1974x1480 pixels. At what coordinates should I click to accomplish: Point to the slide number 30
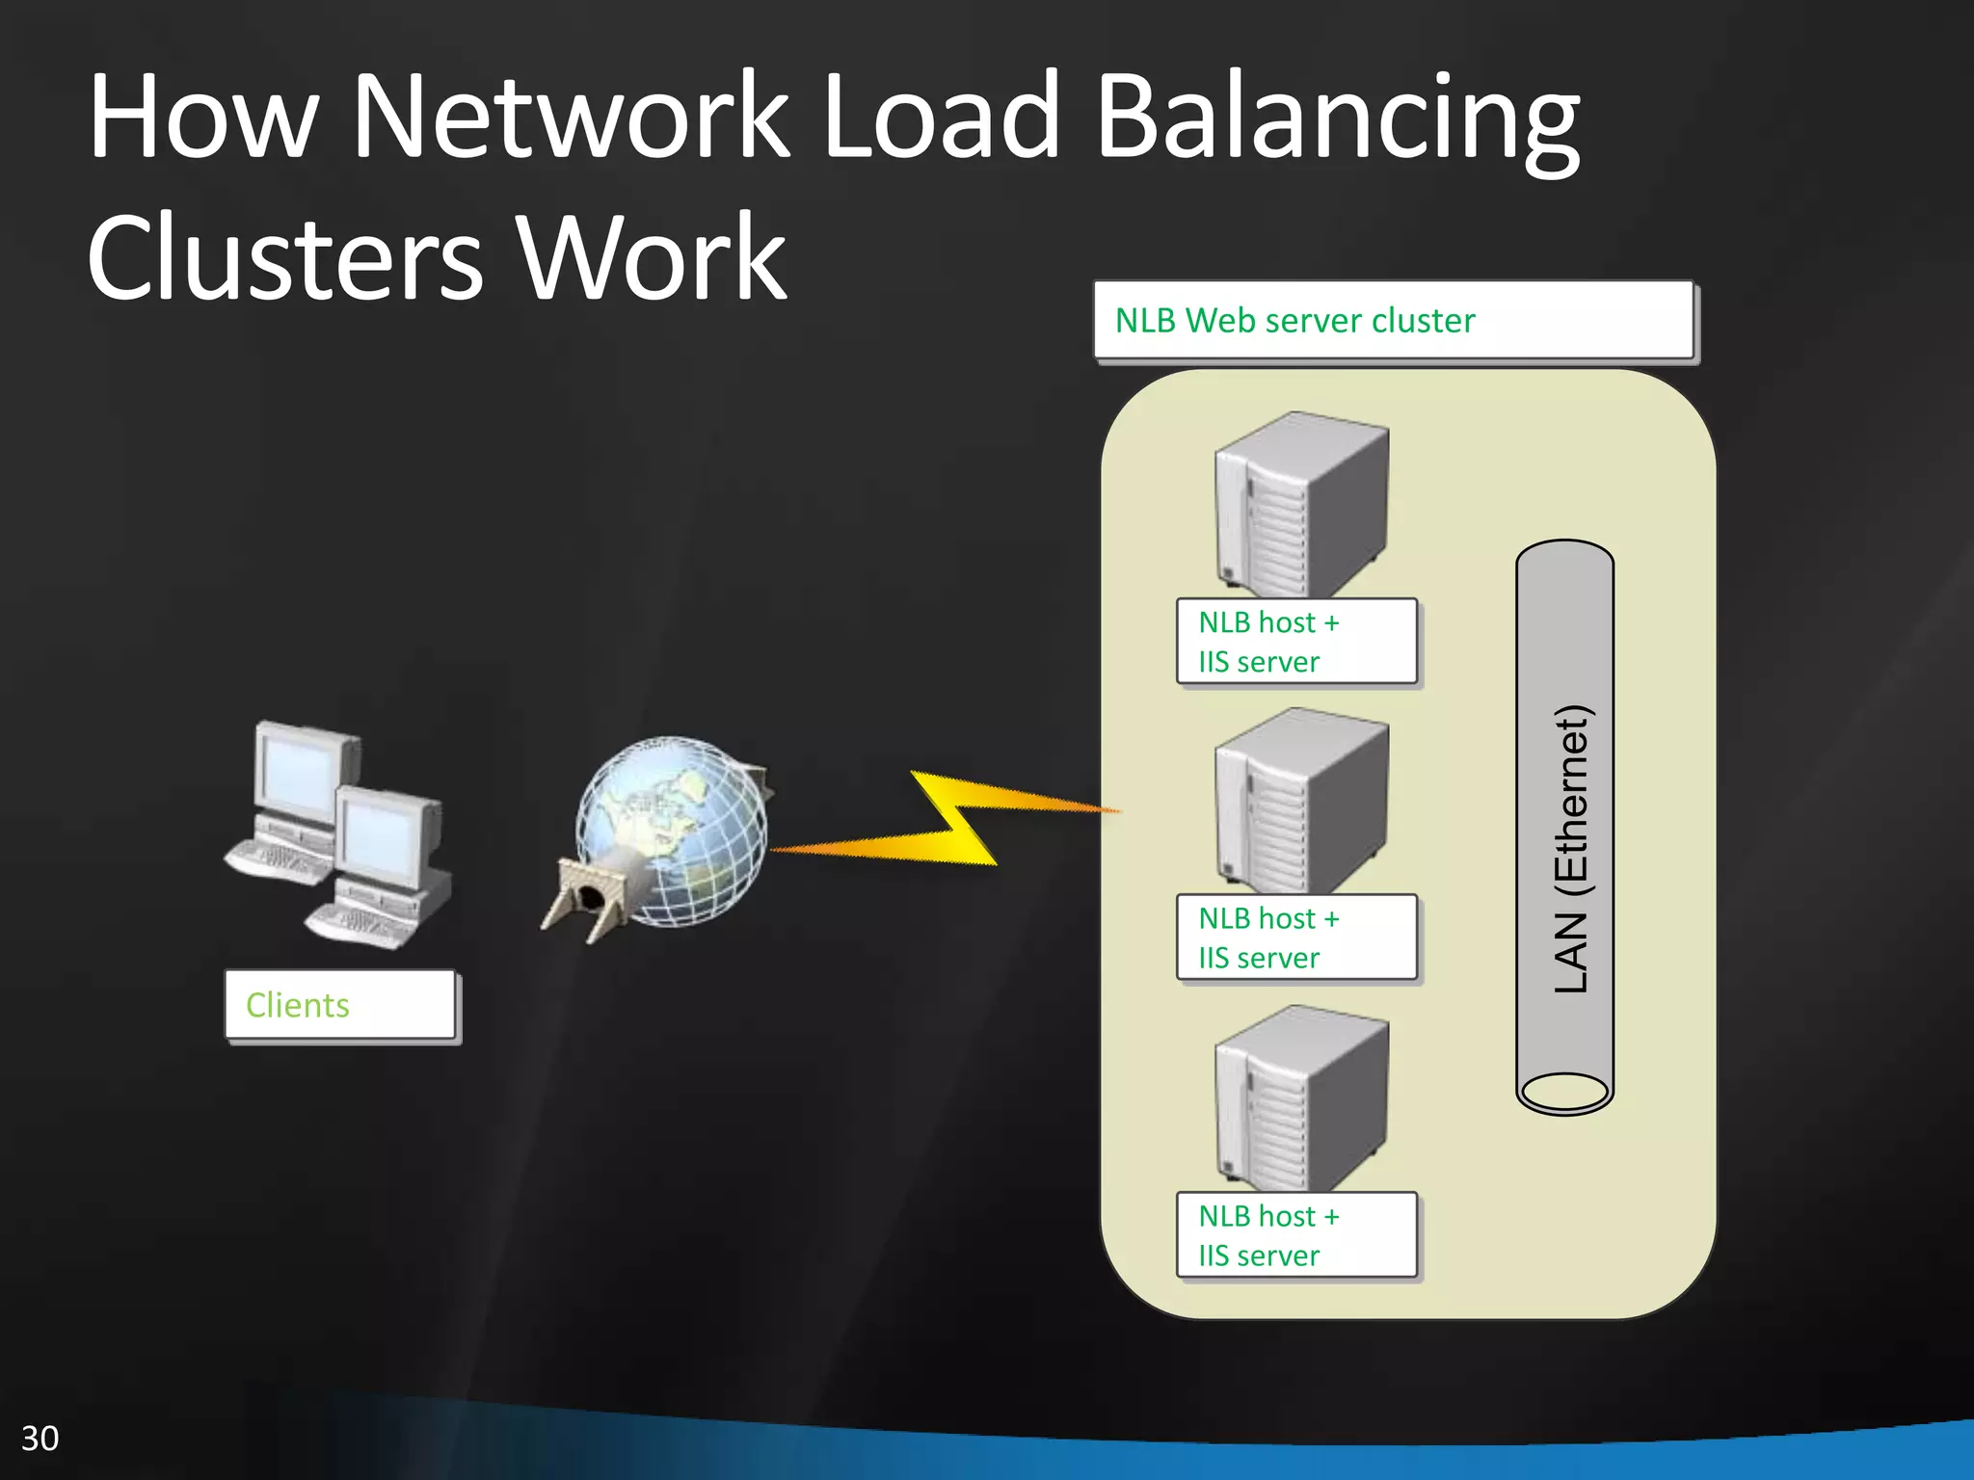tap(40, 1439)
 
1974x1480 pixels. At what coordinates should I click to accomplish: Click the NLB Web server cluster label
tap(1392, 321)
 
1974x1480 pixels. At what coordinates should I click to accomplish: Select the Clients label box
tap(340, 1005)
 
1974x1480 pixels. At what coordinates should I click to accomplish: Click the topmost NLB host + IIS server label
tap(1295, 642)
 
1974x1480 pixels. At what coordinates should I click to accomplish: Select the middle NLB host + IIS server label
tap(1295, 938)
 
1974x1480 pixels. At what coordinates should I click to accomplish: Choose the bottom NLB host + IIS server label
tap(1295, 1235)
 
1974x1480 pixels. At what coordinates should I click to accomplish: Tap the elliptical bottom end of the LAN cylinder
tap(1563, 1093)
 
